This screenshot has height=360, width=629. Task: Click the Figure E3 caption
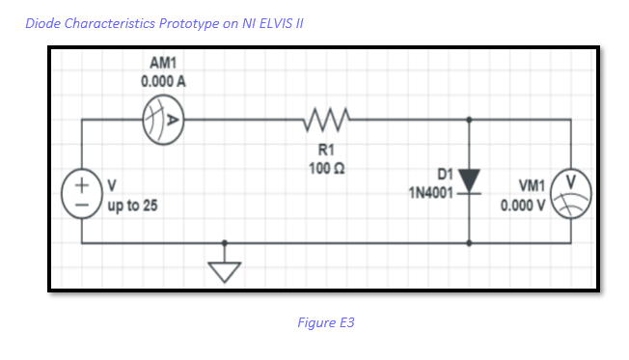326,322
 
